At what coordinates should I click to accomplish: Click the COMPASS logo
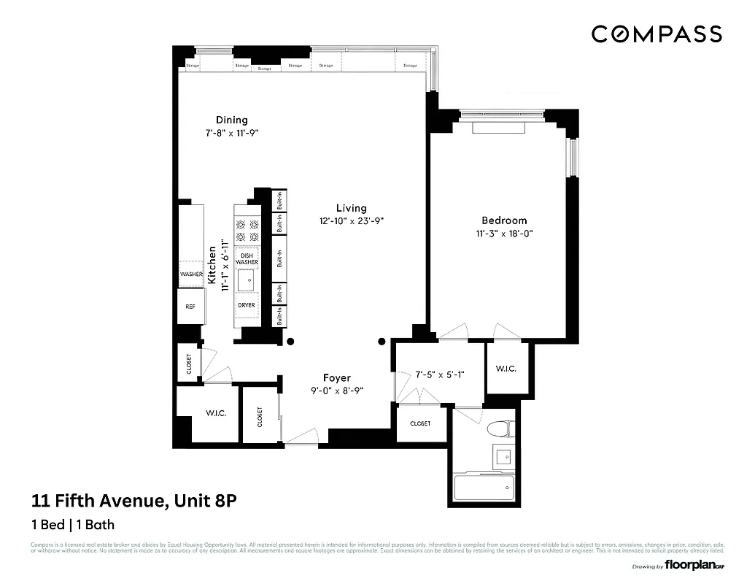pos(657,34)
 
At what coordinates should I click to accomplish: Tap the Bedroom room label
pos(503,220)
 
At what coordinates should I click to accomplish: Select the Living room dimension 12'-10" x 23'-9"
pos(351,220)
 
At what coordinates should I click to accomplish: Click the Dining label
pos(231,120)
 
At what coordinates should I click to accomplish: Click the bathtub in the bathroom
pos(484,488)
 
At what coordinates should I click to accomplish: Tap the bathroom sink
pos(503,457)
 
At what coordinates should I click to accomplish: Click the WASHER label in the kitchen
pos(191,274)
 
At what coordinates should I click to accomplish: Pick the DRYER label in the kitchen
pos(247,304)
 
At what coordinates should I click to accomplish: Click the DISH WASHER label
pos(247,258)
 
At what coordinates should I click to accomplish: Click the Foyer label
pos(336,377)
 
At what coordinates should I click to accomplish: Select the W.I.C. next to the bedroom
pos(506,369)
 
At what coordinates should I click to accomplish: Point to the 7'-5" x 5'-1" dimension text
pos(439,374)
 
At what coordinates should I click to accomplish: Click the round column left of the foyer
pos(290,342)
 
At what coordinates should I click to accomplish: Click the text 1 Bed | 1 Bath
pos(72,524)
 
